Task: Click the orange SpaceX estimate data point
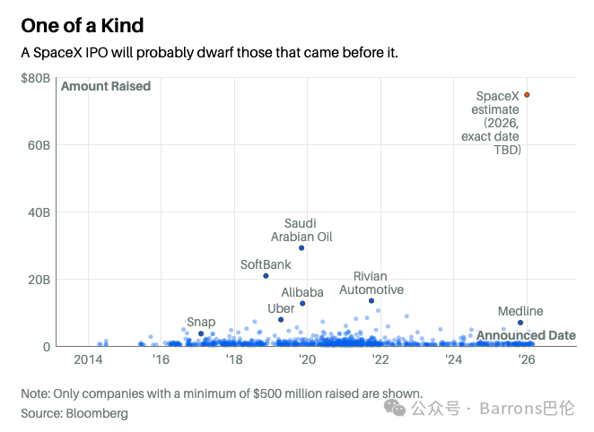click(x=527, y=95)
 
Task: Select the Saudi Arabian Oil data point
click(x=301, y=248)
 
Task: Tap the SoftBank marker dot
click(x=266, y=276)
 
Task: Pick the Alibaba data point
click(x=302, y=303)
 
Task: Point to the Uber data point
click(x=281, y=320)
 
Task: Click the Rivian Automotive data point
click(x=371, y=301)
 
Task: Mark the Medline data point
click(x=520, y=323)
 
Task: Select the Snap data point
click(x=201, y=333)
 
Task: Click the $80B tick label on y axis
click(x=36, y=78)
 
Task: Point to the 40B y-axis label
click(x=39, y=212)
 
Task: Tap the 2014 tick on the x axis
click(x=88, y=359)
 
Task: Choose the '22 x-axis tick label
click(x=380, y=359)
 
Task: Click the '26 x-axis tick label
click(x=527, y=359)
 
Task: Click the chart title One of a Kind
click(x=83, y=26)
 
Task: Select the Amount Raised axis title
click(x=106, y=86)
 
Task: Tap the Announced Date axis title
click(x=526, y=335)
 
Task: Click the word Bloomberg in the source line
click(x=97, y=413)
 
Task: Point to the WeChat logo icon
click(x=395, y=408)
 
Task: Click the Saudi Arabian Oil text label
click(x=301, y=230)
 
